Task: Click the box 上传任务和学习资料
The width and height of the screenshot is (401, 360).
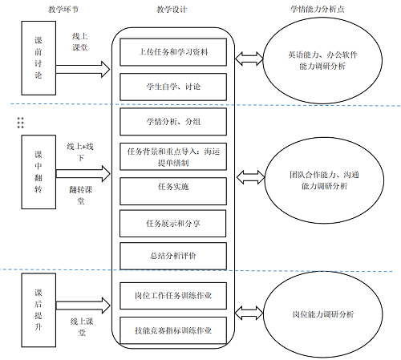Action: (173, 52)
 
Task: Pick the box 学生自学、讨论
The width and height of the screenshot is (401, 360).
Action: (173, 86)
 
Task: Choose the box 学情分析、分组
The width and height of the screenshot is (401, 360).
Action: (173, 121)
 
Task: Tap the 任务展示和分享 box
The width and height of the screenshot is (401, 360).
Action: (173, 222)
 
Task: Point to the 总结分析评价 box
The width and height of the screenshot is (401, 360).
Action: (173, 255)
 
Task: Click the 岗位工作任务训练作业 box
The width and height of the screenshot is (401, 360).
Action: (173, 295)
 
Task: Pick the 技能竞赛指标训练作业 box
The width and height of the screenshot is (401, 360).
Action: (173, 330)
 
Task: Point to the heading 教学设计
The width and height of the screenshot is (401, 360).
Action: (172, 9)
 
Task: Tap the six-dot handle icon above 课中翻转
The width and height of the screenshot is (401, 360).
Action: (21, 122)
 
